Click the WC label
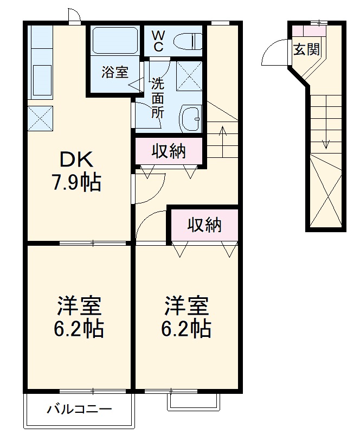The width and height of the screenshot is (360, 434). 158,41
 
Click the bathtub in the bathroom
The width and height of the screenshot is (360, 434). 115,39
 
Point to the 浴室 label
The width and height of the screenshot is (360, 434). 114,72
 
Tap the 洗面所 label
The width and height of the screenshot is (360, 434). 157,98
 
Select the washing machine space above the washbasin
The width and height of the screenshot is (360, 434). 189,76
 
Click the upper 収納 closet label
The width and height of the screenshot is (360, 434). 169,151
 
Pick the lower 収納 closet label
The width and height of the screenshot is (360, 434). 204,225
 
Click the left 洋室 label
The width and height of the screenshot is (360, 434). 79,307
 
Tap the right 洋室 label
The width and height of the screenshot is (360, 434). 187,307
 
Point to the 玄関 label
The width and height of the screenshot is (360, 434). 306,50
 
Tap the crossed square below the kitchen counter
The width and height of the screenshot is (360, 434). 41,118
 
